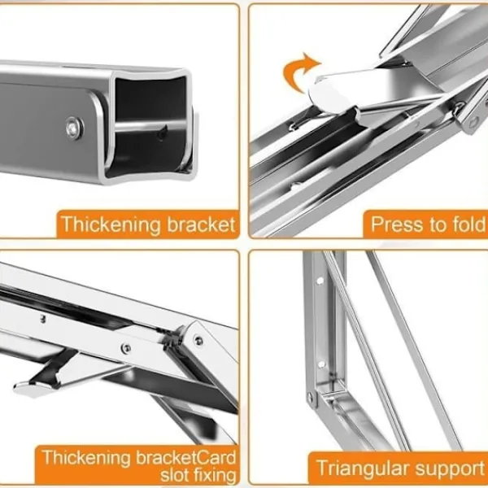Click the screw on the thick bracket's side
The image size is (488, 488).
click(x=75, y=128)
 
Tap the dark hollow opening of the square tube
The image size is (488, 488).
click(x=150, y=124)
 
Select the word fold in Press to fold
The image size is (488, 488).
click(x=468, y=224)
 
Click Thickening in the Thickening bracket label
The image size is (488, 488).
click(x=111, y=224)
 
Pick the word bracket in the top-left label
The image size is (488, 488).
click(x=201, y=224)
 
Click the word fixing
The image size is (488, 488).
click(x=215, y=476)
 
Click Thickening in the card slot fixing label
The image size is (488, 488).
click(x=86, y=458)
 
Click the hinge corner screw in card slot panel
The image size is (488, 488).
click(x=198, y=340)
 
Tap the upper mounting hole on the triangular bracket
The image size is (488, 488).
click(x=320, y=281)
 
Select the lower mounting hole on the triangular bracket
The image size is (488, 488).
click(x=321, y=364)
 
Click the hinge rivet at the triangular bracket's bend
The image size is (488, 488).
click(x=310, y=397)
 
